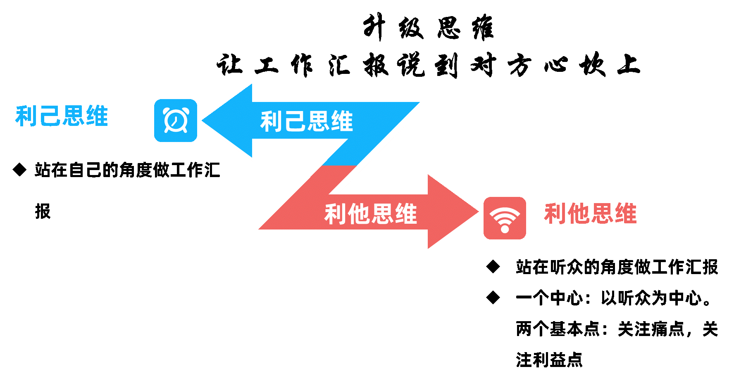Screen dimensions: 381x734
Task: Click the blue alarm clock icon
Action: pyautogui.click(x=176, y=121)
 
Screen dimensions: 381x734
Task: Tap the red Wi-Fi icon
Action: pyautogui.click(x=505, y=218)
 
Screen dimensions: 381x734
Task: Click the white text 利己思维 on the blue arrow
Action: pyautogui.click(x=306, y=121)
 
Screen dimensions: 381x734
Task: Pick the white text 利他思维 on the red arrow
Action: pyautogui.click(x=370, y=214)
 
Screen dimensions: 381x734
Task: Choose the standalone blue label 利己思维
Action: pyautogui.click(x=62, y=116)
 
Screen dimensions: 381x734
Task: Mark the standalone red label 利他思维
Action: pyautogui.click(x=590, y=213)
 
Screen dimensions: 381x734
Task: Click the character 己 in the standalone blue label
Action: pyautogui.click(x=50, y=116)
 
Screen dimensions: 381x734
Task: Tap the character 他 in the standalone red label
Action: pyautogui.click(x=579, y=213)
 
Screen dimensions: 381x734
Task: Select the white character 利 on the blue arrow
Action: pyautogui.click(x=272, y=121)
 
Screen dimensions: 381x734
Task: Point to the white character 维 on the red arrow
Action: pyautogui.click(x=406, y=214)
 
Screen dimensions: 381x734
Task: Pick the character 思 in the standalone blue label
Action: pyautogui.click(x=74, y=116)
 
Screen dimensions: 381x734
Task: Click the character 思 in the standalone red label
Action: pyautogui.click(x=602, y=213)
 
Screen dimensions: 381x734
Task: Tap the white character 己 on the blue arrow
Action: pyautogui.click(x=295, y=121)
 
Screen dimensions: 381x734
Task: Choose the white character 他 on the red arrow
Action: pyautogui.click(x=359, y=214)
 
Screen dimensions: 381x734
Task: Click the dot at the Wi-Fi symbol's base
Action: pyautogui.click(x=505, y=228)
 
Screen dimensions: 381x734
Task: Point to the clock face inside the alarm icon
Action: pyautogui.click(x=176, y=121)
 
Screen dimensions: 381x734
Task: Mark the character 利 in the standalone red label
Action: pyautogui.click(x=555, y=213)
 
